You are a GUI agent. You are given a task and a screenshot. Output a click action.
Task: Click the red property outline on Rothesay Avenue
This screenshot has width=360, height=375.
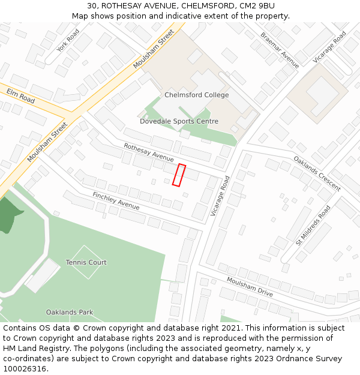tap(178, 175)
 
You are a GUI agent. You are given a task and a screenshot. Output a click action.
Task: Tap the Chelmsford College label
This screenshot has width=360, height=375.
tap(196, 95)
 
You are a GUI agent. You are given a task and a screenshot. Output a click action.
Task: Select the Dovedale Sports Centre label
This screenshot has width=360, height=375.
tap(179, 121)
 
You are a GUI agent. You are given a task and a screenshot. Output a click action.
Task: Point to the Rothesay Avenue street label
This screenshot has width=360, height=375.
tap(149, 152)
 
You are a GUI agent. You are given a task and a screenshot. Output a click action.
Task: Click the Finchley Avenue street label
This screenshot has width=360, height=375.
tap(116, 201)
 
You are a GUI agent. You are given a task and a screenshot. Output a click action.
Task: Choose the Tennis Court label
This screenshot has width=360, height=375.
tap(86, 262)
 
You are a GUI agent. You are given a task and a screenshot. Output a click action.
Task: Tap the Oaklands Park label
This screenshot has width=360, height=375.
tap(70, 312)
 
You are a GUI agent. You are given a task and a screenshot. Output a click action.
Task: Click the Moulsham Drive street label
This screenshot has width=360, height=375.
tap(250, 287)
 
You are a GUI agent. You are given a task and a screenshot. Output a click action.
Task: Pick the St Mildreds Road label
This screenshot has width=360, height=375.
tap(313, 226)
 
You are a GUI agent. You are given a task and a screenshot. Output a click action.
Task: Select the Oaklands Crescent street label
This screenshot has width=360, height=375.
tap(317, 173)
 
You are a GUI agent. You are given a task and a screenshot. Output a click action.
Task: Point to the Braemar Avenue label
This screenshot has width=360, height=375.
tap(280, 50)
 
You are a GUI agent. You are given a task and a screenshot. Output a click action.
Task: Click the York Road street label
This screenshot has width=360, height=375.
tap(68, 40)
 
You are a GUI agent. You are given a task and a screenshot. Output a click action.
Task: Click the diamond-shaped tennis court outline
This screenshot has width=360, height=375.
tap(86, 262)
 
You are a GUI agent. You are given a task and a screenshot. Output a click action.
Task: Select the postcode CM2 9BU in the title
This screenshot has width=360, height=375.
tap(255, 6)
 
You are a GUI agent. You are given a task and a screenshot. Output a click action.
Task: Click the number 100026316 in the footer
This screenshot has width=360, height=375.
tap(26, 368)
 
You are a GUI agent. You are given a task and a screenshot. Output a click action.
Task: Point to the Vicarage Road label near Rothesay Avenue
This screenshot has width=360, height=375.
tap(220, 196)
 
